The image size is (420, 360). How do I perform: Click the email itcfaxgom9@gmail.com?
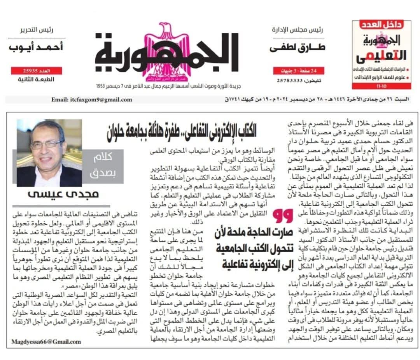[x=91, y=100]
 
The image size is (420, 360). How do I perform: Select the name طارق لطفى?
[x=297, y=47]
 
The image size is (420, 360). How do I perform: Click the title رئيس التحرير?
[x=37, y=30]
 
